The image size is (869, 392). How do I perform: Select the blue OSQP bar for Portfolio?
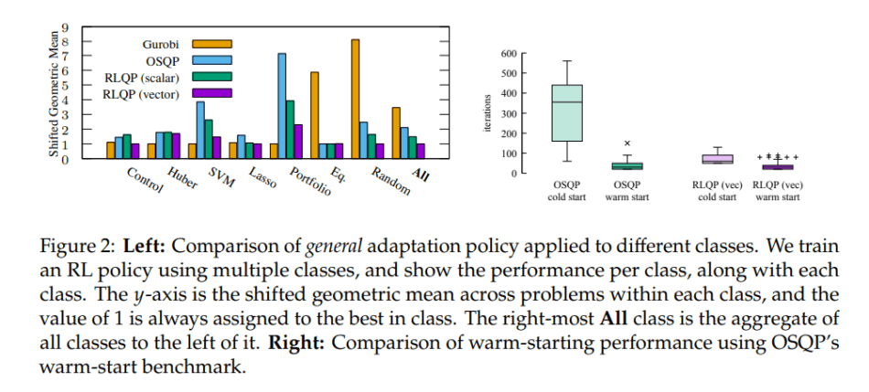pos(282,105)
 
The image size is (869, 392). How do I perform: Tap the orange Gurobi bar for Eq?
pos(315,114)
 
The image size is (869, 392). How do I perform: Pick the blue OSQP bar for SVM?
pos(200,129)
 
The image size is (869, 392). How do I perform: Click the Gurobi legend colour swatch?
pos(211,43)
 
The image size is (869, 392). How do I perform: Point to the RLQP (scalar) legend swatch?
pos(211,77)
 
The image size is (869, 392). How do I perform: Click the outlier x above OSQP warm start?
pos(628,143)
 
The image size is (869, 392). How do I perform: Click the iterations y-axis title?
pos(488,113)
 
